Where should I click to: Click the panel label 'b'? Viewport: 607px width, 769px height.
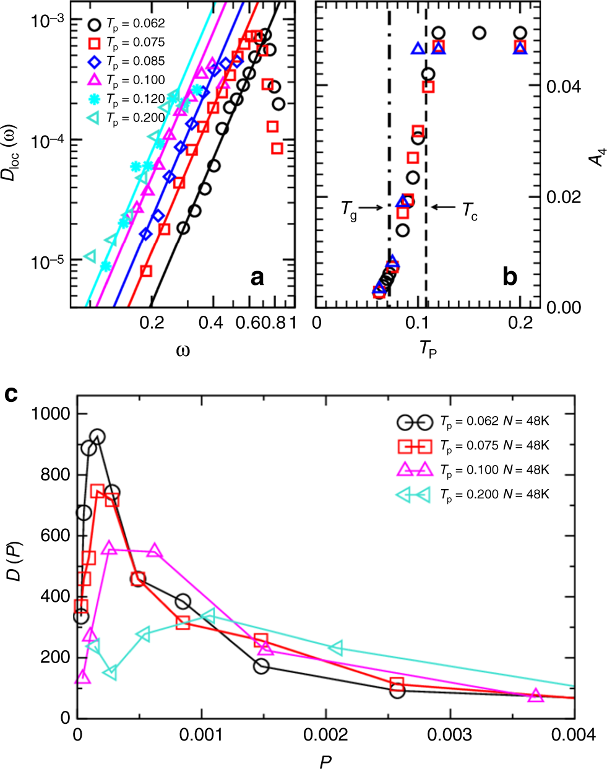[x=509, y=277]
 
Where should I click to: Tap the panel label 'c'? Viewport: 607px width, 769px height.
[x=11, y=394]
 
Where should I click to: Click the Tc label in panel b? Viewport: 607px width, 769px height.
[x=470, y=210]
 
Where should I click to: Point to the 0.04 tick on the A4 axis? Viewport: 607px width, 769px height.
[x=564, y=87]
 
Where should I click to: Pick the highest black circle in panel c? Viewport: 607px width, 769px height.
[x=97, y=437]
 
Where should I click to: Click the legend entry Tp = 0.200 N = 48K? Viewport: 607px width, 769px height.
[x=494, y=494]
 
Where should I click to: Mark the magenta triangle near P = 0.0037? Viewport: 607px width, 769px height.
[x=536, y=695]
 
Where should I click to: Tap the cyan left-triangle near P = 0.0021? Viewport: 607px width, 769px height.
[x=335, y=648]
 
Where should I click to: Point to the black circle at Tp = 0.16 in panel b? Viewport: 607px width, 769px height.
[x=479, y=33]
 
